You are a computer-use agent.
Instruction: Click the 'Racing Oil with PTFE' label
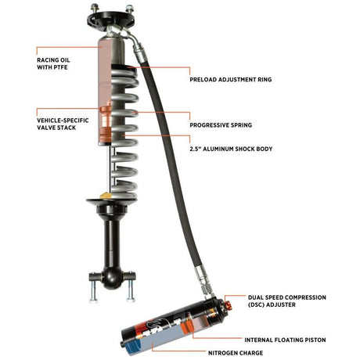click(56, 63)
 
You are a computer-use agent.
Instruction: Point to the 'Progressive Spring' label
click(225, 124)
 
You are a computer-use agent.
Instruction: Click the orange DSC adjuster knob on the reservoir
click(218, 302)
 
